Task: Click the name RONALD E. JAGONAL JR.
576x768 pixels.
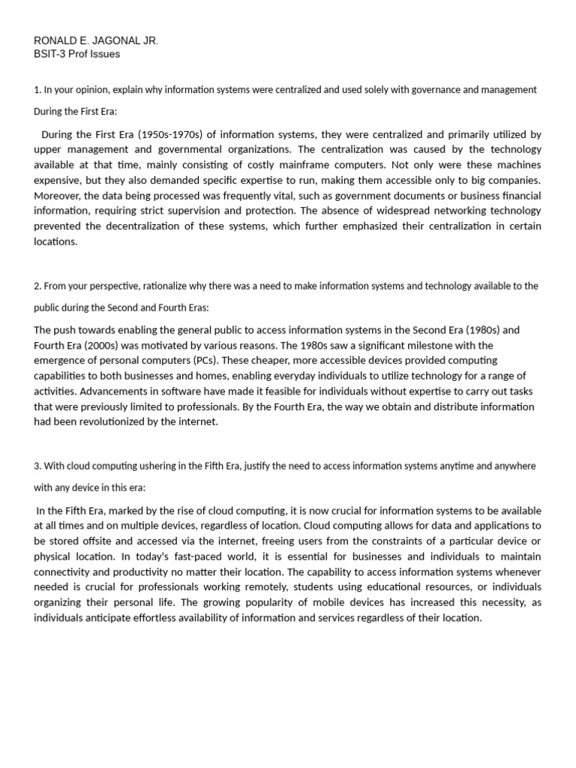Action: pyautogui.click(x=96, y=40)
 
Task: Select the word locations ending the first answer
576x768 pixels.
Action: pyautogui.click(x=55, y=241)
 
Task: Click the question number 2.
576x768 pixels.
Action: pyautogui.click(x=37, y=286)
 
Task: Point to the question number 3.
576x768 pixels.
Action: pyautogui.click(x=37, y=466)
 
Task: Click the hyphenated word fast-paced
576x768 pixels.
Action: pyautogui.click(x=208, y=556)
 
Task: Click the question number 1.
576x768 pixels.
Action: pyautogui.click(x=37, y=90)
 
